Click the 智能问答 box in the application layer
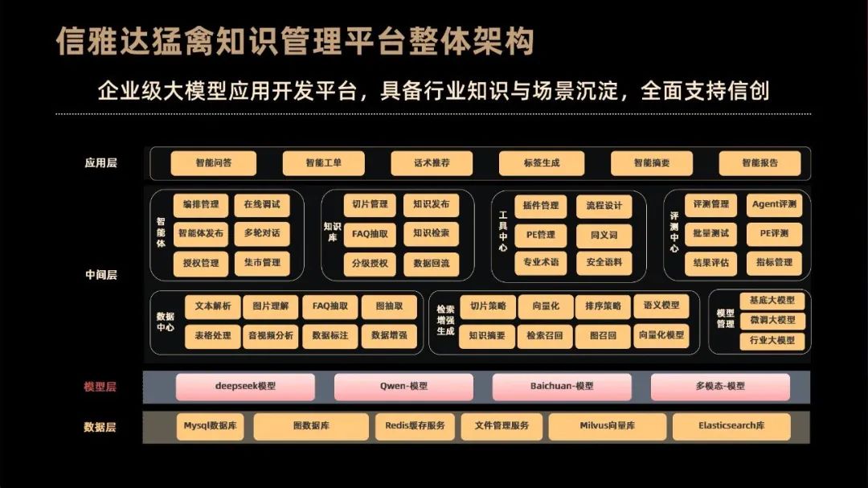coord(213,163)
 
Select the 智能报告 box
coord(759,163)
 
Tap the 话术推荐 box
coord(432,163)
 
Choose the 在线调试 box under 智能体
coord(261,205)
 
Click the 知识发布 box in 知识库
coord(431,205)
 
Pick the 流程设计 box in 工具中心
coord(604,206)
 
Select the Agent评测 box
coord(774,205)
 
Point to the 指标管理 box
coord(774,263)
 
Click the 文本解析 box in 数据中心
coord(212,306)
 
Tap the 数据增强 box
coord(389,335)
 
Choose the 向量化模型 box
coord(661,335)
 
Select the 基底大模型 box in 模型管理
coord(772,301)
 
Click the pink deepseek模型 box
coord(245,387)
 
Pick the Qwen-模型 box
coord(403,387)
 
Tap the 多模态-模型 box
coord(720,387)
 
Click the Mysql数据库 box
coord(210,426)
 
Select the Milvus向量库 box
coord(607,426)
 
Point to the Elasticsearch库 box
coord(731,426)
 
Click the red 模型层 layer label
coord(100,387)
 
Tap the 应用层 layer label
coord(100,163)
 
